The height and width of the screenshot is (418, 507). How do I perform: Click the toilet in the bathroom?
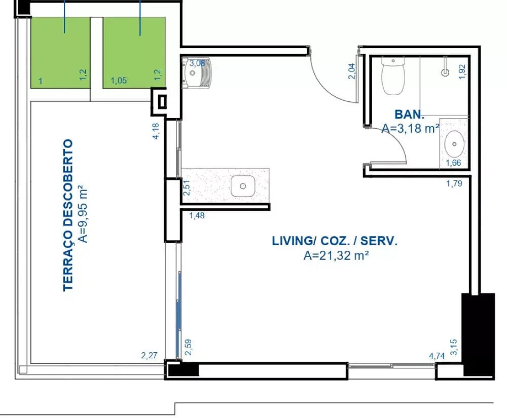pyautogui.click(x=393, y=75)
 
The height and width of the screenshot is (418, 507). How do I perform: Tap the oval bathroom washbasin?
pyautogui.click(x=454, y=144)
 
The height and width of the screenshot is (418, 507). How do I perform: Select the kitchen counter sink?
pyautogui.click(x=243, y=186)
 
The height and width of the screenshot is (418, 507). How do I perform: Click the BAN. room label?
pyautogui.click(x=409, y=115)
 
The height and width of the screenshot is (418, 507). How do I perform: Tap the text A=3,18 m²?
pyautogui.click(x=410, y=128)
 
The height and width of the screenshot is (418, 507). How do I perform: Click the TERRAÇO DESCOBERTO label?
pyautogui.click(x=68, y=215)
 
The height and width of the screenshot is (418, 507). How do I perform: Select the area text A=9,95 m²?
pyautogui.click(x=83, y=213)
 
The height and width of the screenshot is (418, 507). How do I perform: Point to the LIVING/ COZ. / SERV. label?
pyautogui.click(x=335, y=241)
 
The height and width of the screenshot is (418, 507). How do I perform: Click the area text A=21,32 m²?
pyautogui.click(x=336, y=255)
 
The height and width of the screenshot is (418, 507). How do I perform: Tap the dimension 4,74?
pyautogui.click(x=437, y=356)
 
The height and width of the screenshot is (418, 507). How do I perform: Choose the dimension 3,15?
pyautogui.click(x=454, y=347)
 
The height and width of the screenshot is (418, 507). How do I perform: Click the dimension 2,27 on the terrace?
pyautogui.click(x=149, y=355)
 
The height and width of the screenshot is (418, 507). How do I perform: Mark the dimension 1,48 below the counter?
pyautogui.click(x=197, y=215)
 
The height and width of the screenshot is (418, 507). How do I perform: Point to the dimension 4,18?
pyautogui.click(x=156, y=131)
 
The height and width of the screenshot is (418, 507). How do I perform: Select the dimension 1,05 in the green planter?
pyautogui.click(x=118, y=81)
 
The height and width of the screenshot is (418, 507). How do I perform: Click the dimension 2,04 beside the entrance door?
pyautogui.click(x=352, y=71)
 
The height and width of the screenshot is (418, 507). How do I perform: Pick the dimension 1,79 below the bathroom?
pyautogui.click(x=454, y=183)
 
